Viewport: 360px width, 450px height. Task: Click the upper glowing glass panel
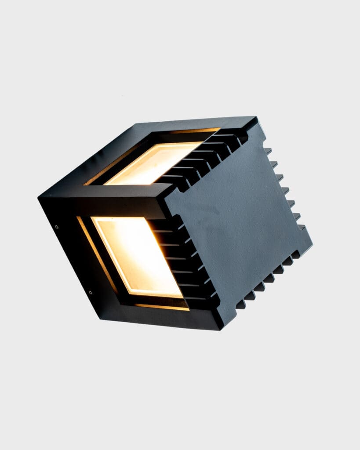point(154,163)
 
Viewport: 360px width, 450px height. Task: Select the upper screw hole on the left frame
point(57,227)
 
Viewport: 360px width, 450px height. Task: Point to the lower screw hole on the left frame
point(91,292)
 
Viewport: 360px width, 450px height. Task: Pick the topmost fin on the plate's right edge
point(268,151)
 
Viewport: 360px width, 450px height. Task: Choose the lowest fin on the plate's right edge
point(301,227)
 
